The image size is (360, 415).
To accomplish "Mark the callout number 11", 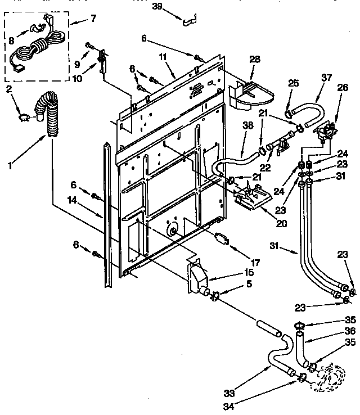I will [163, 57].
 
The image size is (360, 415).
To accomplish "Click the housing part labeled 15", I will [199, 278].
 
